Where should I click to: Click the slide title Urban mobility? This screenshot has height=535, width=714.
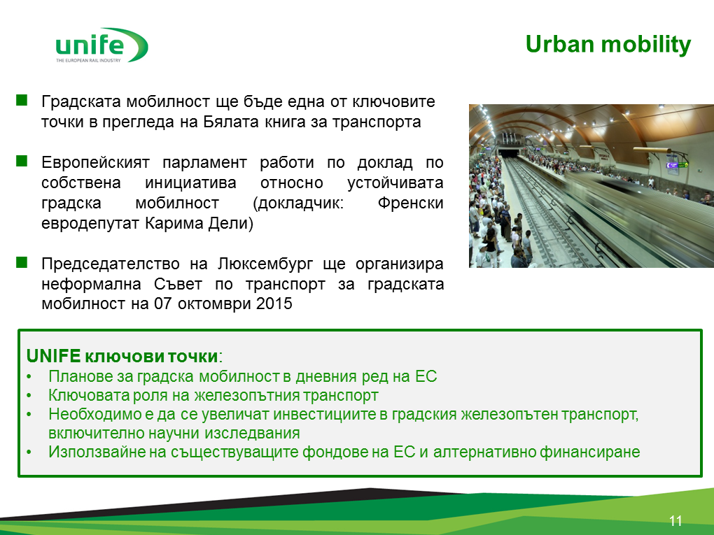tap(608, 45)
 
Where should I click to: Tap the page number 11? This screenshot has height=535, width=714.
tap(675, 521)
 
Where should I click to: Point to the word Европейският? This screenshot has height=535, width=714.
tap(95, 162)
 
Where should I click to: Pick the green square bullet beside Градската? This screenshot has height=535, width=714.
tap(22, 100)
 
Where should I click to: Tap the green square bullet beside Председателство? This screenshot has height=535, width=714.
tap(22, 262)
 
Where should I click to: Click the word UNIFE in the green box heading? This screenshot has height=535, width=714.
tap(54, 356)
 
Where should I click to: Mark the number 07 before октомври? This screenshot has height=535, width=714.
tap(162, 304)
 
